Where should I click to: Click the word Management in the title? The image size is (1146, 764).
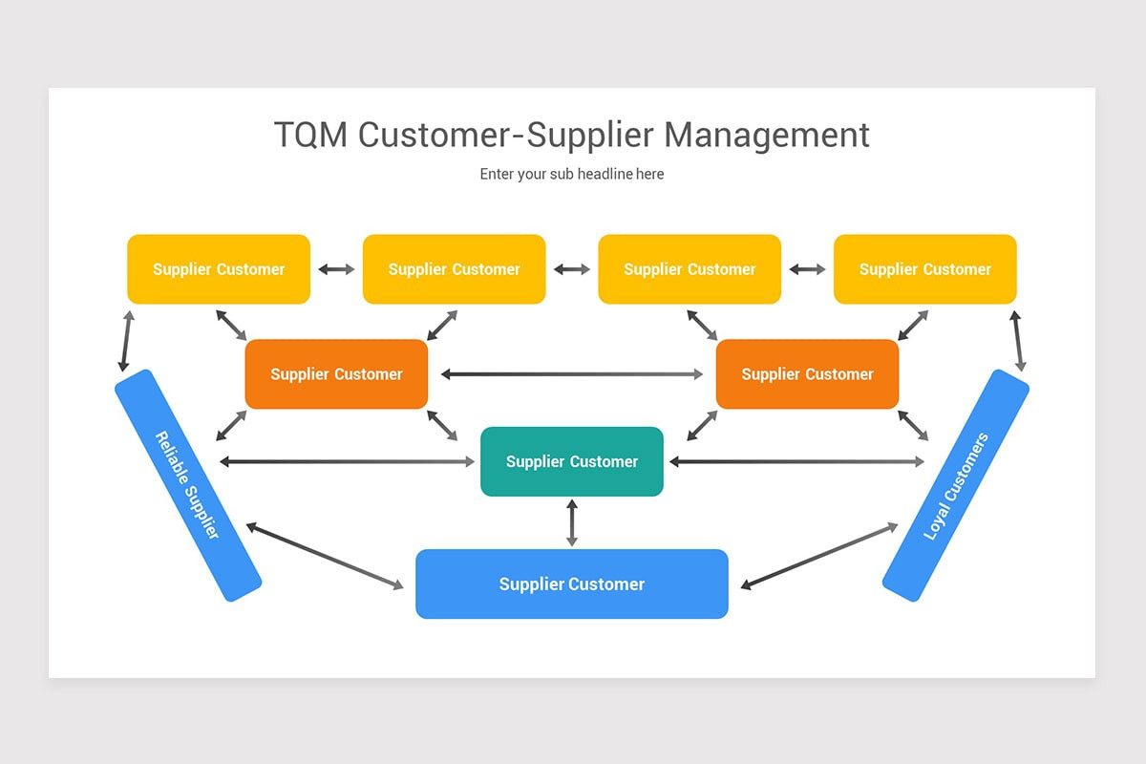click(x=767, y=135)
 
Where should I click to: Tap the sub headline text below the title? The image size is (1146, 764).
click(x=572, y=174)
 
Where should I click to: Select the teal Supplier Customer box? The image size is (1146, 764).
click(x=572, y=461)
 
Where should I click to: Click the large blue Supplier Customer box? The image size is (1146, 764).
click(x=572, y=584)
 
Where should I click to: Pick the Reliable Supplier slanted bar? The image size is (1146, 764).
click(x=188, y=485)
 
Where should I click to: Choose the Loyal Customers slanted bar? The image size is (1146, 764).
click(x=956, y=485)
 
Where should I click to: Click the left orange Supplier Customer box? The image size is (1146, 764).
click(x=336, y=374)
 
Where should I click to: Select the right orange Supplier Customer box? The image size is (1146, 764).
click(x=808, y=374)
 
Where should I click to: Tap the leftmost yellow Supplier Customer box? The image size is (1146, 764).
click(x=219, y=269)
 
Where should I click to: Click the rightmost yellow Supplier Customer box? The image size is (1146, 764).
click(x=924, y=269)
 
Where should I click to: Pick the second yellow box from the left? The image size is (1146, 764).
click(x=454, y=269)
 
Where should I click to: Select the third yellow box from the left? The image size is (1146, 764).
click(x=690, y=269)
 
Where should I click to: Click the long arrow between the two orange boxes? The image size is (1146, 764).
click(x=572, y=374)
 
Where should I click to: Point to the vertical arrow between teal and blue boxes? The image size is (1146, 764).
click(x=572, y=522)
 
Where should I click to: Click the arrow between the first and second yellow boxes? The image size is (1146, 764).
click(x=336, y=269)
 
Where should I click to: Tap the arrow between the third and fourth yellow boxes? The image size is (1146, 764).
click(x=807, y=269)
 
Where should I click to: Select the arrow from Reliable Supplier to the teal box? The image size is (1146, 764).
click(x=347, y=462)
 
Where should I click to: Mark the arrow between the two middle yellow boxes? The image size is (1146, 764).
click(x=572, y=269)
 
